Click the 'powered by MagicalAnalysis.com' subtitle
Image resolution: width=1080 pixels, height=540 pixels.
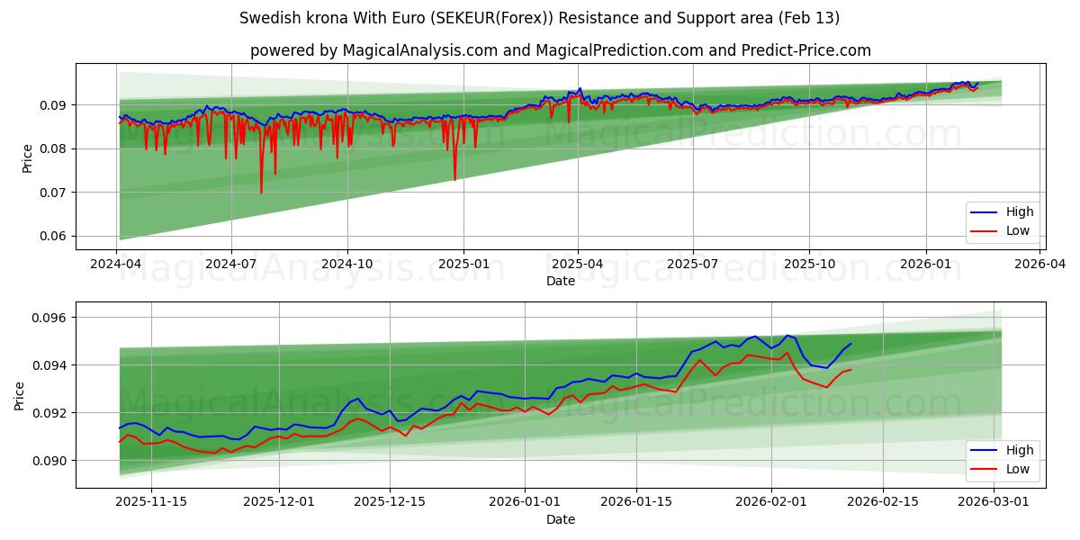pyautogui.click(x=560, y=50)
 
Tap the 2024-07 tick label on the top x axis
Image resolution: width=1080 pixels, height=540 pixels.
pyautogui.click(x=231, y=265)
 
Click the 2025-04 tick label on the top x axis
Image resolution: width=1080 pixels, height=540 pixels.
pyautogui.click(x=578, y=265)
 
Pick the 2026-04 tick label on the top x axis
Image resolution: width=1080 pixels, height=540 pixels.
pyautogui.click(x=1040, y=265)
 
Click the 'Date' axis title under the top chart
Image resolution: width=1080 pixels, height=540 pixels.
pyautogui.click(x=560, y=282)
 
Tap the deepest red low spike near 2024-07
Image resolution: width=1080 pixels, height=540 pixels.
pyautogui.click(x=262, y=192)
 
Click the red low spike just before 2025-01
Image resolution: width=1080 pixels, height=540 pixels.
pyautogui.click(x=454, y=179)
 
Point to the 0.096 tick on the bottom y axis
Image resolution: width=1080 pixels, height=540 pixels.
pyautogui.click(x=50, y=318)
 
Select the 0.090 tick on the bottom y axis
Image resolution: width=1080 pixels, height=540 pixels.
pyautogui.click(x=50, y=461)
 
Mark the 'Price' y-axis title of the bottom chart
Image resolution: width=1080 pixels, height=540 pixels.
pyautogui.click(x=20, y=395)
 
